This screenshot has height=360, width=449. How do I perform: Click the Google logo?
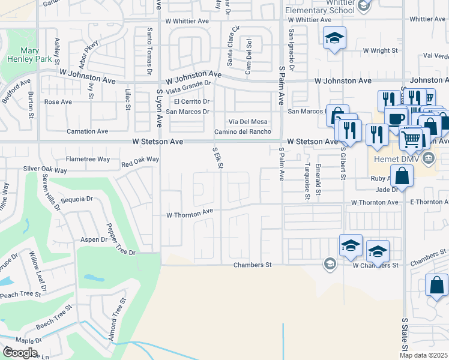19,353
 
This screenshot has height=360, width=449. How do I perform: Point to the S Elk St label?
218,157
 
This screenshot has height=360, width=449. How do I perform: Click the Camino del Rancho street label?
243,132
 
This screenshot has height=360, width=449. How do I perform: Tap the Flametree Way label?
88,160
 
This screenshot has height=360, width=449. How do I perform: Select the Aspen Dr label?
94,239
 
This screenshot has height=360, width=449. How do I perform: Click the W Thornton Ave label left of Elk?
190,212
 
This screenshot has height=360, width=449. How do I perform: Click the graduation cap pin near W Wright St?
334,39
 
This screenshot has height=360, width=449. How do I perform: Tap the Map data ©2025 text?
423,355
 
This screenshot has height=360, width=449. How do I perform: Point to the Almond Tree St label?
116,321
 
